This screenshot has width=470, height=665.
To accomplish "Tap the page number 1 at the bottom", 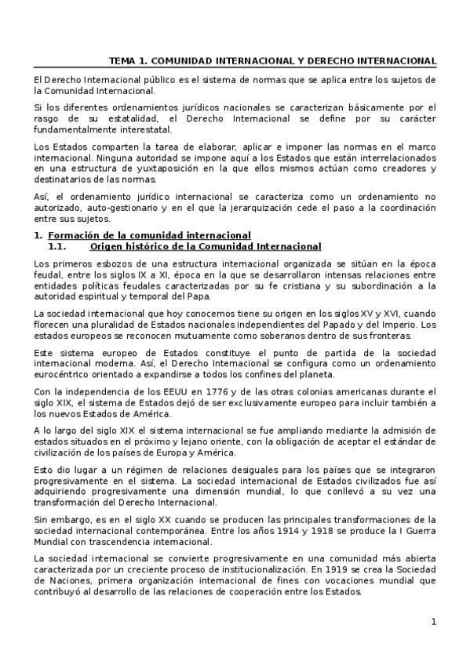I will [433, 622].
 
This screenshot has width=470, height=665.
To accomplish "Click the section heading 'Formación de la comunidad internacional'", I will [149, 234].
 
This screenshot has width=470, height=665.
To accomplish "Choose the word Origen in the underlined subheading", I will [107, 245].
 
